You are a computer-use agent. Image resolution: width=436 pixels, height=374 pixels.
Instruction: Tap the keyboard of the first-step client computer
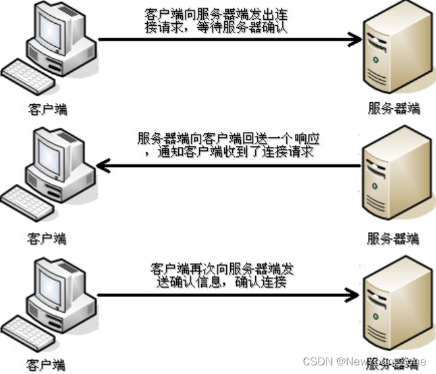(x=28, y=77)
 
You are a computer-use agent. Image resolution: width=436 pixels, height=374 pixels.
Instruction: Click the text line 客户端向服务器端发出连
(x=218, y=15)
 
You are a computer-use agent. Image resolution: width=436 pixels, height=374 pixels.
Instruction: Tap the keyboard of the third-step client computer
(x=28, y=328)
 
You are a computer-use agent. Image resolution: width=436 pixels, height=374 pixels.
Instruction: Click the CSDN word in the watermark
(x=316, y=361)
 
